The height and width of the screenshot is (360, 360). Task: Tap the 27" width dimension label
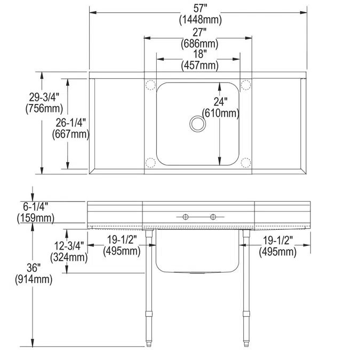click(x=198, y=31)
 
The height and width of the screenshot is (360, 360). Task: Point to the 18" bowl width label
click(x=198, y=53)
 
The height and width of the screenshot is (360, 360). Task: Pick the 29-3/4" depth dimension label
click(x=43, y=97)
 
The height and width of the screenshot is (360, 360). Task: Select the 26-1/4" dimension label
click(x=70, y=123)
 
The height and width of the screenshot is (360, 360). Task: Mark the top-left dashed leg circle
click(x=150, y=84)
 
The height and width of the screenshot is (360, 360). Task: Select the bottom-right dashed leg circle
click(x=245, y=163)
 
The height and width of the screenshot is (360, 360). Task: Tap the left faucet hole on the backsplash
click(x=185, y=217)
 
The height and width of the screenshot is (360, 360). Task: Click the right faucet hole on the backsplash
click(x=213, y=217)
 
